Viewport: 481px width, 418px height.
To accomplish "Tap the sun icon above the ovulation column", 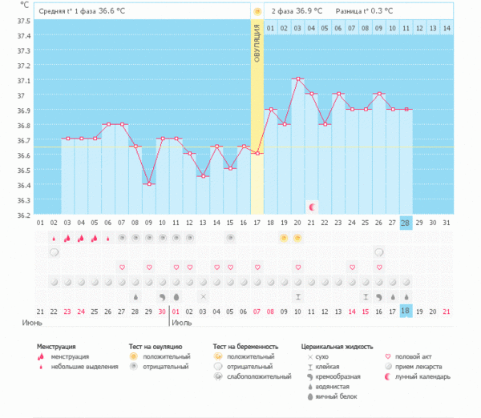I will [x=257, y=12].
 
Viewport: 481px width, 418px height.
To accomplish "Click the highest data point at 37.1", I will [x=297, y=78].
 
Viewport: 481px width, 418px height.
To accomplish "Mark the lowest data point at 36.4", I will [x=148, y=184].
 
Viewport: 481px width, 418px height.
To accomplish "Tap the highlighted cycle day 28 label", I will [x=406, y=222].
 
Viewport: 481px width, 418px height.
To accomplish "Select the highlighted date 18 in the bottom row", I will [x=406, y=311].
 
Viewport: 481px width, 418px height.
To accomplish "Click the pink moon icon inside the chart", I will [x=312, y=207].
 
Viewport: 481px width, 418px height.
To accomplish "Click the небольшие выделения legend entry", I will [x=81, y=366].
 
